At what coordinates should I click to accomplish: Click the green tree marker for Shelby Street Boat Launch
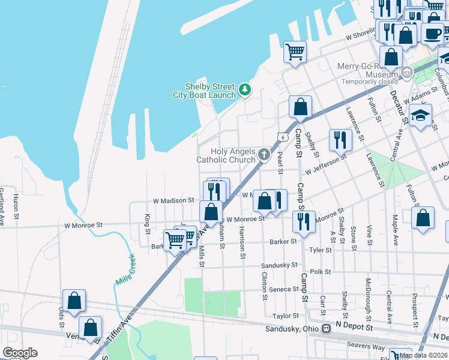244,90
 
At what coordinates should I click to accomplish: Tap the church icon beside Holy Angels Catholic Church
264,155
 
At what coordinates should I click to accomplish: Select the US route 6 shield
281,137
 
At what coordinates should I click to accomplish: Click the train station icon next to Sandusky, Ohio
326,329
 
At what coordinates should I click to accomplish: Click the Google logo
20,353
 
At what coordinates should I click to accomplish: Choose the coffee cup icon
432,34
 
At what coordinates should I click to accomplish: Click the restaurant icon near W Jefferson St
340,140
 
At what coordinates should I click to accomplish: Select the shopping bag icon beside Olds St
74,301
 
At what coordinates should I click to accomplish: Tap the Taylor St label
285,316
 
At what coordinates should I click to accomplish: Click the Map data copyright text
424,355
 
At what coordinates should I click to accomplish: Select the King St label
147,224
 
